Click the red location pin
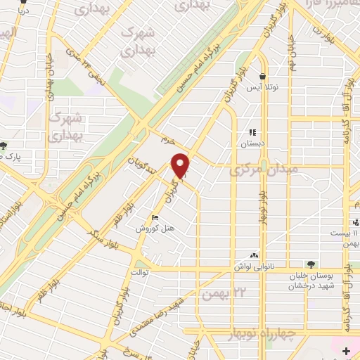181,166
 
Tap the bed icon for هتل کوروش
155,218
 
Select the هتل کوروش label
150,229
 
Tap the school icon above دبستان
252,131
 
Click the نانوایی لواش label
249,268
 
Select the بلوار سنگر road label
94,234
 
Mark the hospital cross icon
346,350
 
